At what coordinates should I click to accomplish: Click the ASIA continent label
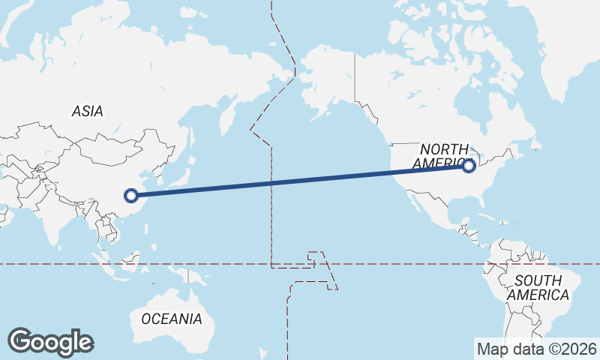click(x=88, y=111)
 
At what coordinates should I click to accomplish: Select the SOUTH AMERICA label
click(x=538, y=288)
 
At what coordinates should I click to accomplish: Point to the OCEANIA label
click(x=172, y=319)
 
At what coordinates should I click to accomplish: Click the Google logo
click(x=51, y=342)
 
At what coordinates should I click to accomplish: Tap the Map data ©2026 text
click(x=537, y=349)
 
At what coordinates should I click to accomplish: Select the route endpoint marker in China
click(x=131, y=196)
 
